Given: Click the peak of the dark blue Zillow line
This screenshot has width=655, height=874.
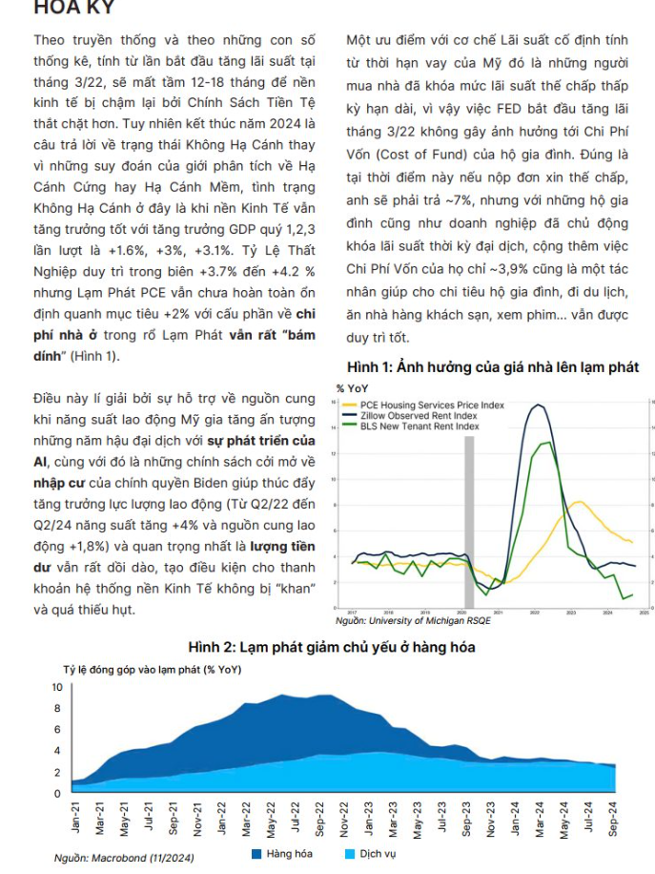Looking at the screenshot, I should (537, 406).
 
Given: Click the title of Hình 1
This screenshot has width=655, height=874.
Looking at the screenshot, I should (492, 368).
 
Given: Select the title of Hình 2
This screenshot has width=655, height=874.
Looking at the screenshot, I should (331, 647).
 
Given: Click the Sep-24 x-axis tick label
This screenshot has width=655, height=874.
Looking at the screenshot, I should (611, 817).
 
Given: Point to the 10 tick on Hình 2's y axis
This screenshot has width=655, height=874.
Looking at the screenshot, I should (54, 687).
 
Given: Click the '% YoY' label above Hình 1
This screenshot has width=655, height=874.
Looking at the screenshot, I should (353, 387).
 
